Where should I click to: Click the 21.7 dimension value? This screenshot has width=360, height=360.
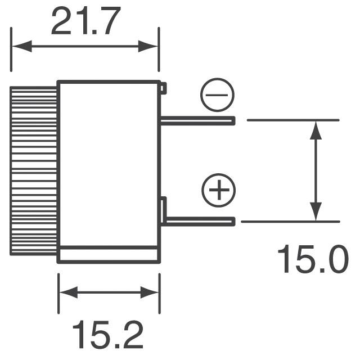(86, 21)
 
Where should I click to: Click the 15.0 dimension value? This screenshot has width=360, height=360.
(313, 259)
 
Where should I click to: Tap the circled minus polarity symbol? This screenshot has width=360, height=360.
(217, 95)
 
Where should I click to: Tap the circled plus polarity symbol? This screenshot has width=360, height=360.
(219, 190)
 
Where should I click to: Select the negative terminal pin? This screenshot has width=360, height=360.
(197, 121)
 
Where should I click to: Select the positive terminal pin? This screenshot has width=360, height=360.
(200, 221)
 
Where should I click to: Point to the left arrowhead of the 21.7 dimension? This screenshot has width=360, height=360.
(22, 46)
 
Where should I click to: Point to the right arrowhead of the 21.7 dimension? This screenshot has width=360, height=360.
(148, 46)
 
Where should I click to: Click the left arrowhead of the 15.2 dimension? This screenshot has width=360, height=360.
(69, 292)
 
